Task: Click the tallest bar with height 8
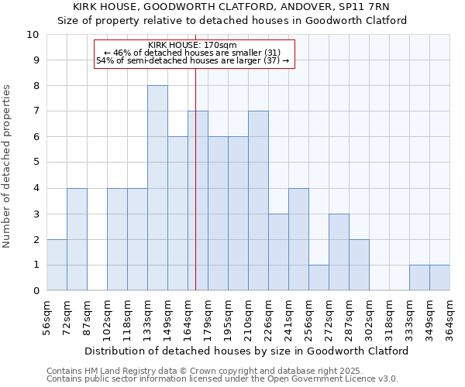pos(157,188)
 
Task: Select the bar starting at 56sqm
pos(57,265)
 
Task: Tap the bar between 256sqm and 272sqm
pos(319,278)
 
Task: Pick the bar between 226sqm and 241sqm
pos(278,252)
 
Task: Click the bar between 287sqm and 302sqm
pos(359,265)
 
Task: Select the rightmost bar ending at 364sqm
pos(439,278)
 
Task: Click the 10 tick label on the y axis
pos(33,35)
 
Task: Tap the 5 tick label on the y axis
pos(36,163)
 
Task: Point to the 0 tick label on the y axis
pos(36,291)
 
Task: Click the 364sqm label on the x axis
pos(449,315)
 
